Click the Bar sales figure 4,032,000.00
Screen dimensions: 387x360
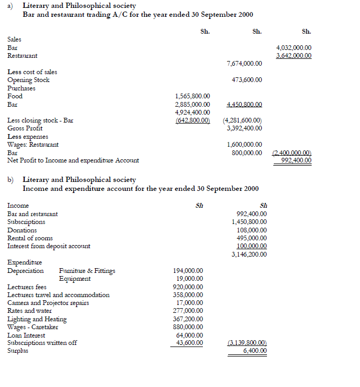click(293, 47)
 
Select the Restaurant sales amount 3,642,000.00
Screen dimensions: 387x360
click(293, 55)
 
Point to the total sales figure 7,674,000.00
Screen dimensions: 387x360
click(244, 64)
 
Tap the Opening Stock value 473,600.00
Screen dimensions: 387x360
click(247, 80)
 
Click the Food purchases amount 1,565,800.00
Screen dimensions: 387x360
click(192, 96)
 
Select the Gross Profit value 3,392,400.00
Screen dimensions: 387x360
click(244, 128)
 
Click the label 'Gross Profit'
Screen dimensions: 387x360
click(25, 128)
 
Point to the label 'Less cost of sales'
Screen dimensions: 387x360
click(32, 72)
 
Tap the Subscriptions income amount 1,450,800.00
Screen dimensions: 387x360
click(249, 222)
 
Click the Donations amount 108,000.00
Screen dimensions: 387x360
click(252, 230)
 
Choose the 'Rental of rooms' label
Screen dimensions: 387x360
click(29, 238)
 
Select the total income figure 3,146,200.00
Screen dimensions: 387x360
click(249, 254)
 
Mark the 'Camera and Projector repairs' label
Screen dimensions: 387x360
click(48, 303)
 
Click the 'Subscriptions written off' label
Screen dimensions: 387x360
click(42, 343)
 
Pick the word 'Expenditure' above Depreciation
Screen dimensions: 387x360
click(24, 262)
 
